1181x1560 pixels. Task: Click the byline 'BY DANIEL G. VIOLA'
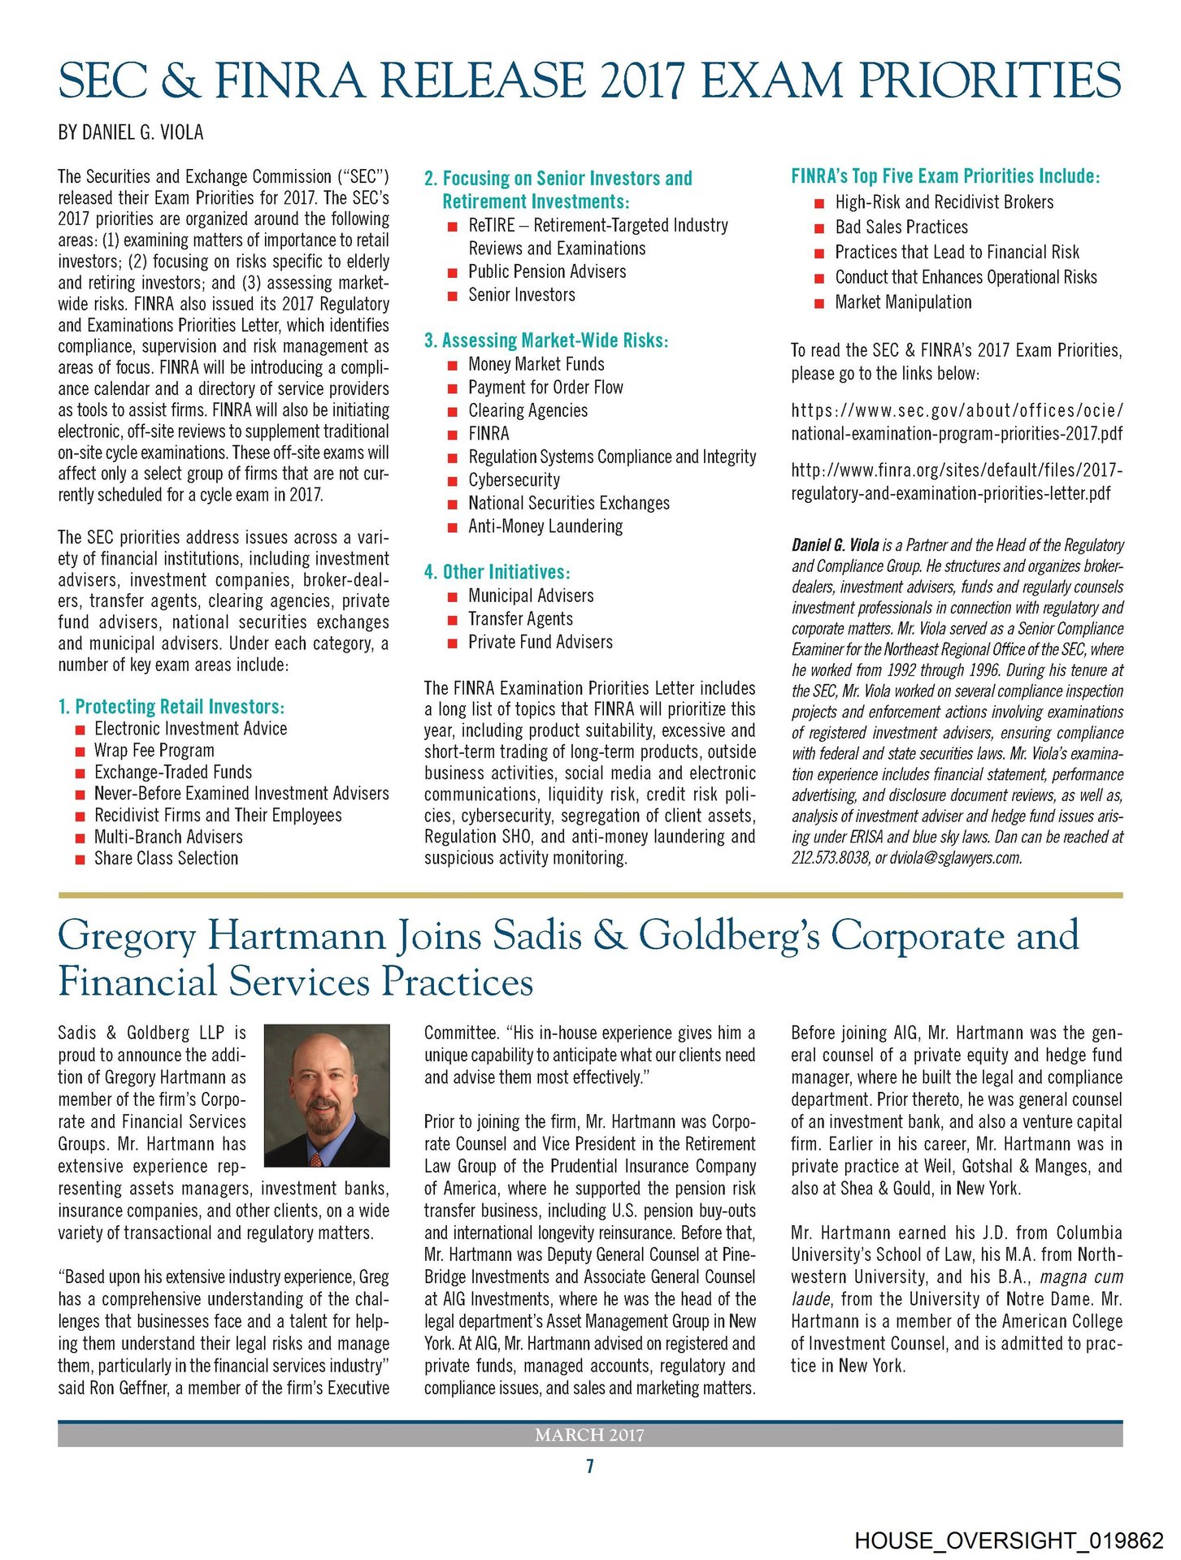coord(131,132)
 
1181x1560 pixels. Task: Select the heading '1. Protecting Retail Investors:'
coord(172,706)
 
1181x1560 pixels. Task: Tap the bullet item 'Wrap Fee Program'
coord(154,751)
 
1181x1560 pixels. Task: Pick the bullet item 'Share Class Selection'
coord(166,859)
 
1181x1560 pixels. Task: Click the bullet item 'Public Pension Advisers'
coord(547,272)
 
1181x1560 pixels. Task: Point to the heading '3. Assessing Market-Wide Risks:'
coord(546,340)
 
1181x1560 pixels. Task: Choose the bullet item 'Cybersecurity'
coord(514,480)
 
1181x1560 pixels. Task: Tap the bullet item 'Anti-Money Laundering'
coord(545,526)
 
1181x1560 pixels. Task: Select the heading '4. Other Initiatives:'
coord(497,572)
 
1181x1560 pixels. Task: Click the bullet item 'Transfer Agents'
coord(520,619)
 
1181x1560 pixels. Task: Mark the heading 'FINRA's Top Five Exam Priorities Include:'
coord(945,176)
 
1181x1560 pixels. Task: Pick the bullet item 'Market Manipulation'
coord(903,302)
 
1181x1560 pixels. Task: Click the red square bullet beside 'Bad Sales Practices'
coord(819,228)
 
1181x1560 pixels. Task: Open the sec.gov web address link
coord(957,422)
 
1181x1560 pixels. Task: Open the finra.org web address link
coord(957,482)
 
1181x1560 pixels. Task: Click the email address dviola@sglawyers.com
coord(956,858)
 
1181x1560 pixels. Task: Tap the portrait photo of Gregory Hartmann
coord(327,1095)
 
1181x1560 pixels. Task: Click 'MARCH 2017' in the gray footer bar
coord(589,1436)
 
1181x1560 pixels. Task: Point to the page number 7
coord(590,1467)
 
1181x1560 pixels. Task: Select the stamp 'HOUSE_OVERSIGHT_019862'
coord(1009,1540)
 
